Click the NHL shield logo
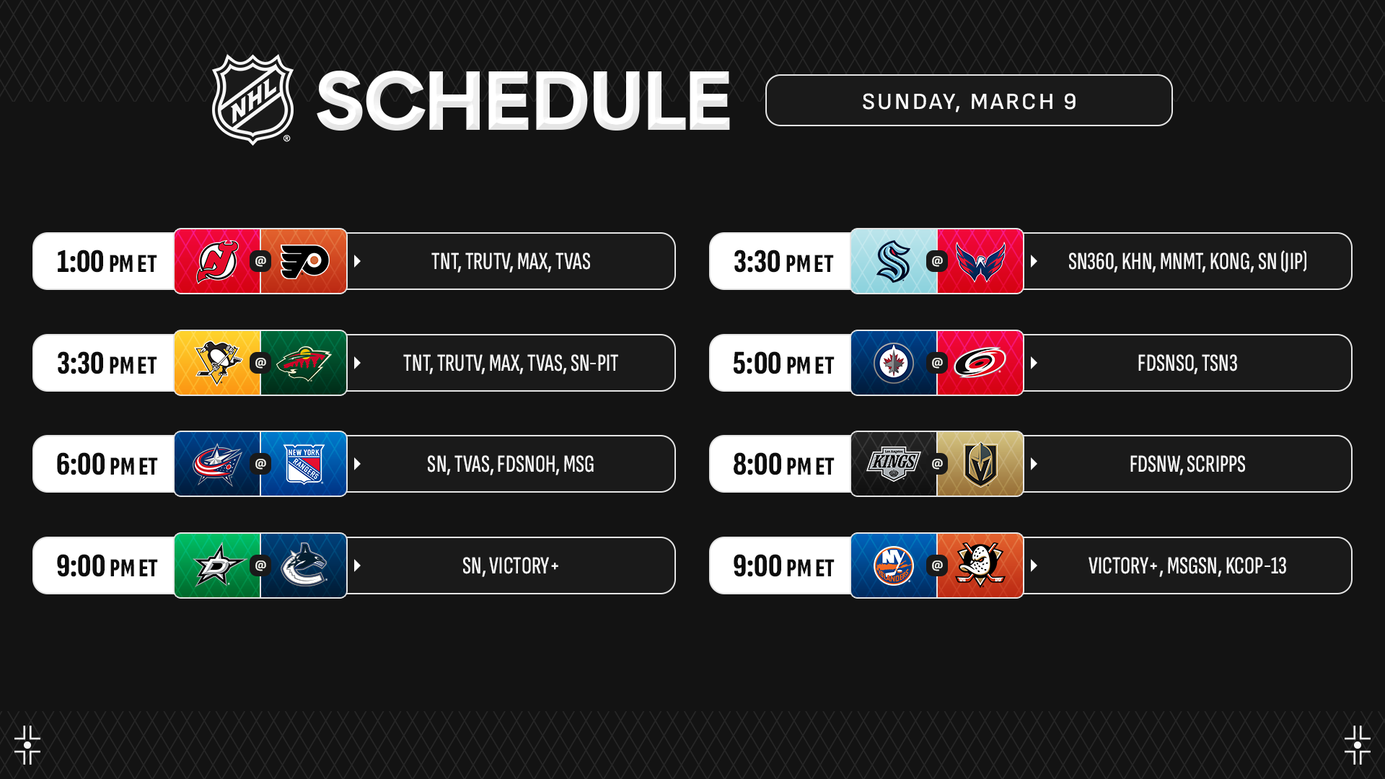pos(252,100)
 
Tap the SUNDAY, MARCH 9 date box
pos(969,100)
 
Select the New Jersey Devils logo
pos(217,261)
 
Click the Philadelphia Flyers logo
pos(304,261)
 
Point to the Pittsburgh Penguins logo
pos(217,363)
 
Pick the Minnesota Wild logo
pos(304,363)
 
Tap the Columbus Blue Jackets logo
pos(217,464)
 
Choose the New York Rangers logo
pos(304,464)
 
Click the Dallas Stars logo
pos(217,565)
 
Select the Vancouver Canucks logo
pos(304,565)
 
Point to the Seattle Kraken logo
pos(894,261)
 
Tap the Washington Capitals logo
pos(980,261)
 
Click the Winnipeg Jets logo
pos(894,363)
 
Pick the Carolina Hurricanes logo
pos(980,363)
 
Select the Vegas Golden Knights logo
pos(980,465)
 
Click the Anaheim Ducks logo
pos(980,565)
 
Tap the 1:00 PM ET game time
pos(107,262)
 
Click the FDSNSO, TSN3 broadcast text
pos(1187,363)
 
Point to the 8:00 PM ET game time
pos(783,465)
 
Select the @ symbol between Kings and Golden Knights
pos(937,464)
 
